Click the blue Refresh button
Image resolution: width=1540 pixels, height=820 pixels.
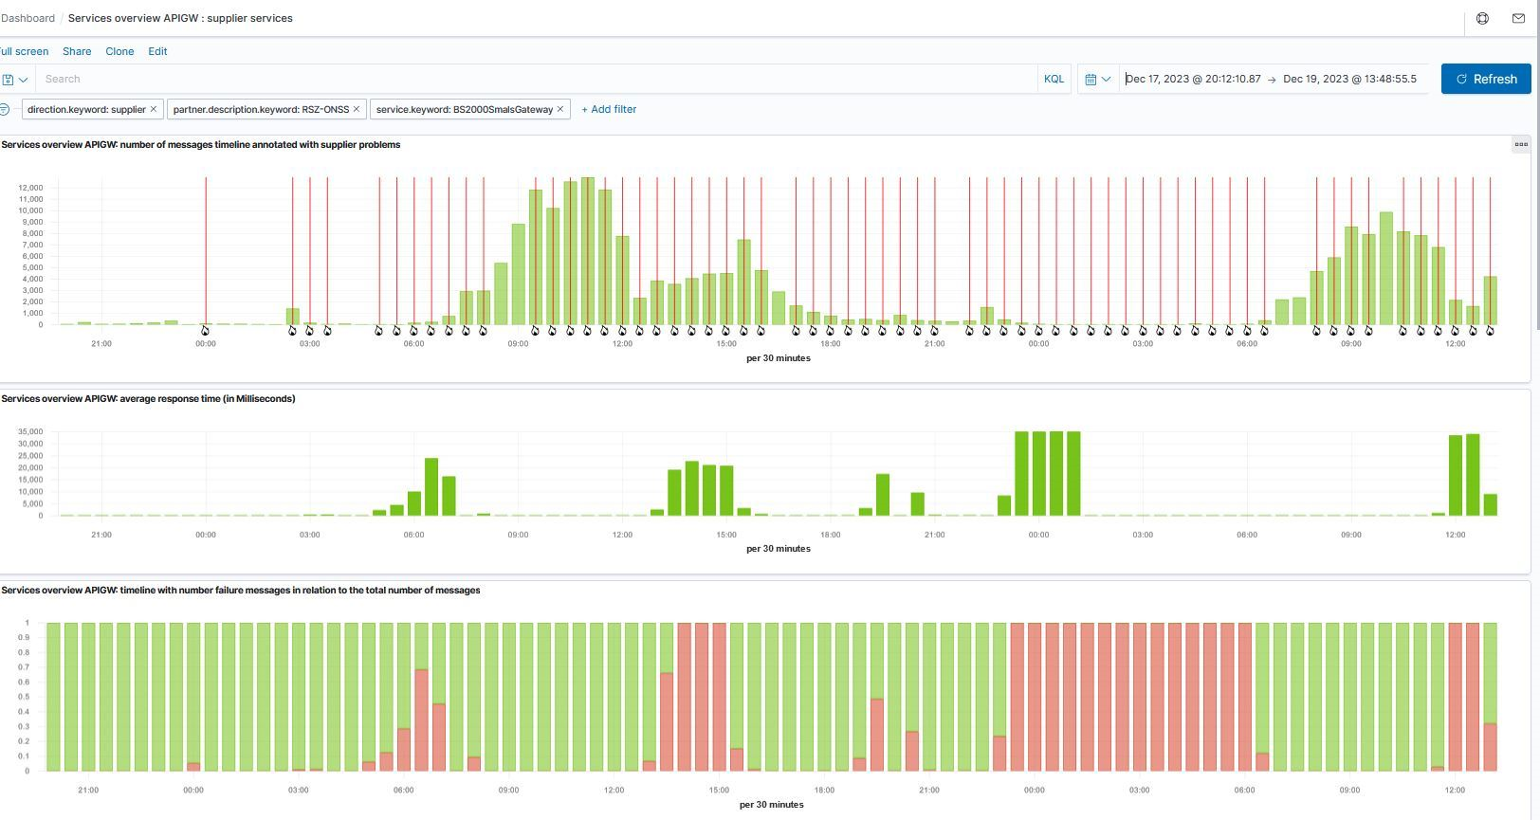pos(1485,79)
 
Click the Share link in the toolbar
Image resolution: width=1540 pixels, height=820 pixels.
pos(77,51)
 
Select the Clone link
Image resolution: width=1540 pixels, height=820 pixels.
pos(119,51)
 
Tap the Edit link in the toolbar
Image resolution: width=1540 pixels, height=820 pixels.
pos(157,51)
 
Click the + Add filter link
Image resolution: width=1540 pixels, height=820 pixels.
pos(609,109)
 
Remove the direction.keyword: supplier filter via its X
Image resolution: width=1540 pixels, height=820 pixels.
pos(154,109)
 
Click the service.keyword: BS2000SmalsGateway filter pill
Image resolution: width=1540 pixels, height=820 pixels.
pos(464,110)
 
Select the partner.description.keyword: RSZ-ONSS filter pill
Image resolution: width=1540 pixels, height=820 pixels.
pos(260,110)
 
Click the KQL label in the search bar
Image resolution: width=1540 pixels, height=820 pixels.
pos(1054,79)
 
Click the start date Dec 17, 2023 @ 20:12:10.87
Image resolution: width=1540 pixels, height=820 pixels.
pos(1193,79)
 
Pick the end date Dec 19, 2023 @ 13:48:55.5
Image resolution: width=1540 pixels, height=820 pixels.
pos(1349,79)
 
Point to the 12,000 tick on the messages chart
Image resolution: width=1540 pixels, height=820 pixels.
pos(30,188)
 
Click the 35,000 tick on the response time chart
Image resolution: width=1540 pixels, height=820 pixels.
pos(30,432)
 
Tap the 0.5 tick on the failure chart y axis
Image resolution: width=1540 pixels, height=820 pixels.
pos(23,697)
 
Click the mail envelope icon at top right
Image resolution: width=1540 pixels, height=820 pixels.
pos(1518,18)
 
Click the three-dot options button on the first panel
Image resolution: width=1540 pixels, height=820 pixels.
pos(1521,144)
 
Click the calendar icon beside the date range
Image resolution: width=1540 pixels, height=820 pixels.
pos(1091,79)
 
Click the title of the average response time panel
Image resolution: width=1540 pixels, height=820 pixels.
pos(148,399)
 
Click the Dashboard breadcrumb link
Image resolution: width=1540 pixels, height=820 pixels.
pos(28,18)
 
